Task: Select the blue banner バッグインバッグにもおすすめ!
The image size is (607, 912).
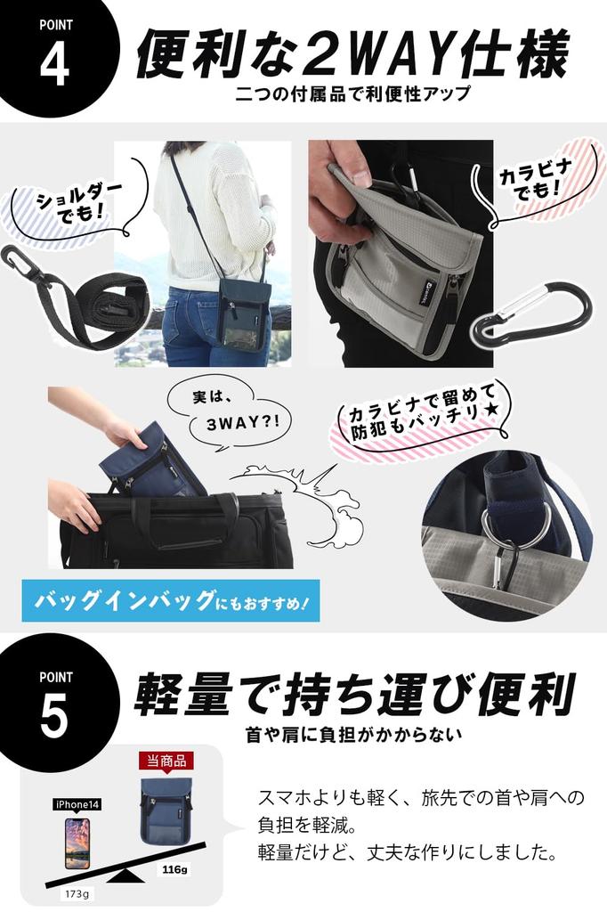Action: pyautogui.click(x=170, y=601)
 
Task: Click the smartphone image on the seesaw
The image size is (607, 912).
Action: pyautogui.click(x=77, y=843)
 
